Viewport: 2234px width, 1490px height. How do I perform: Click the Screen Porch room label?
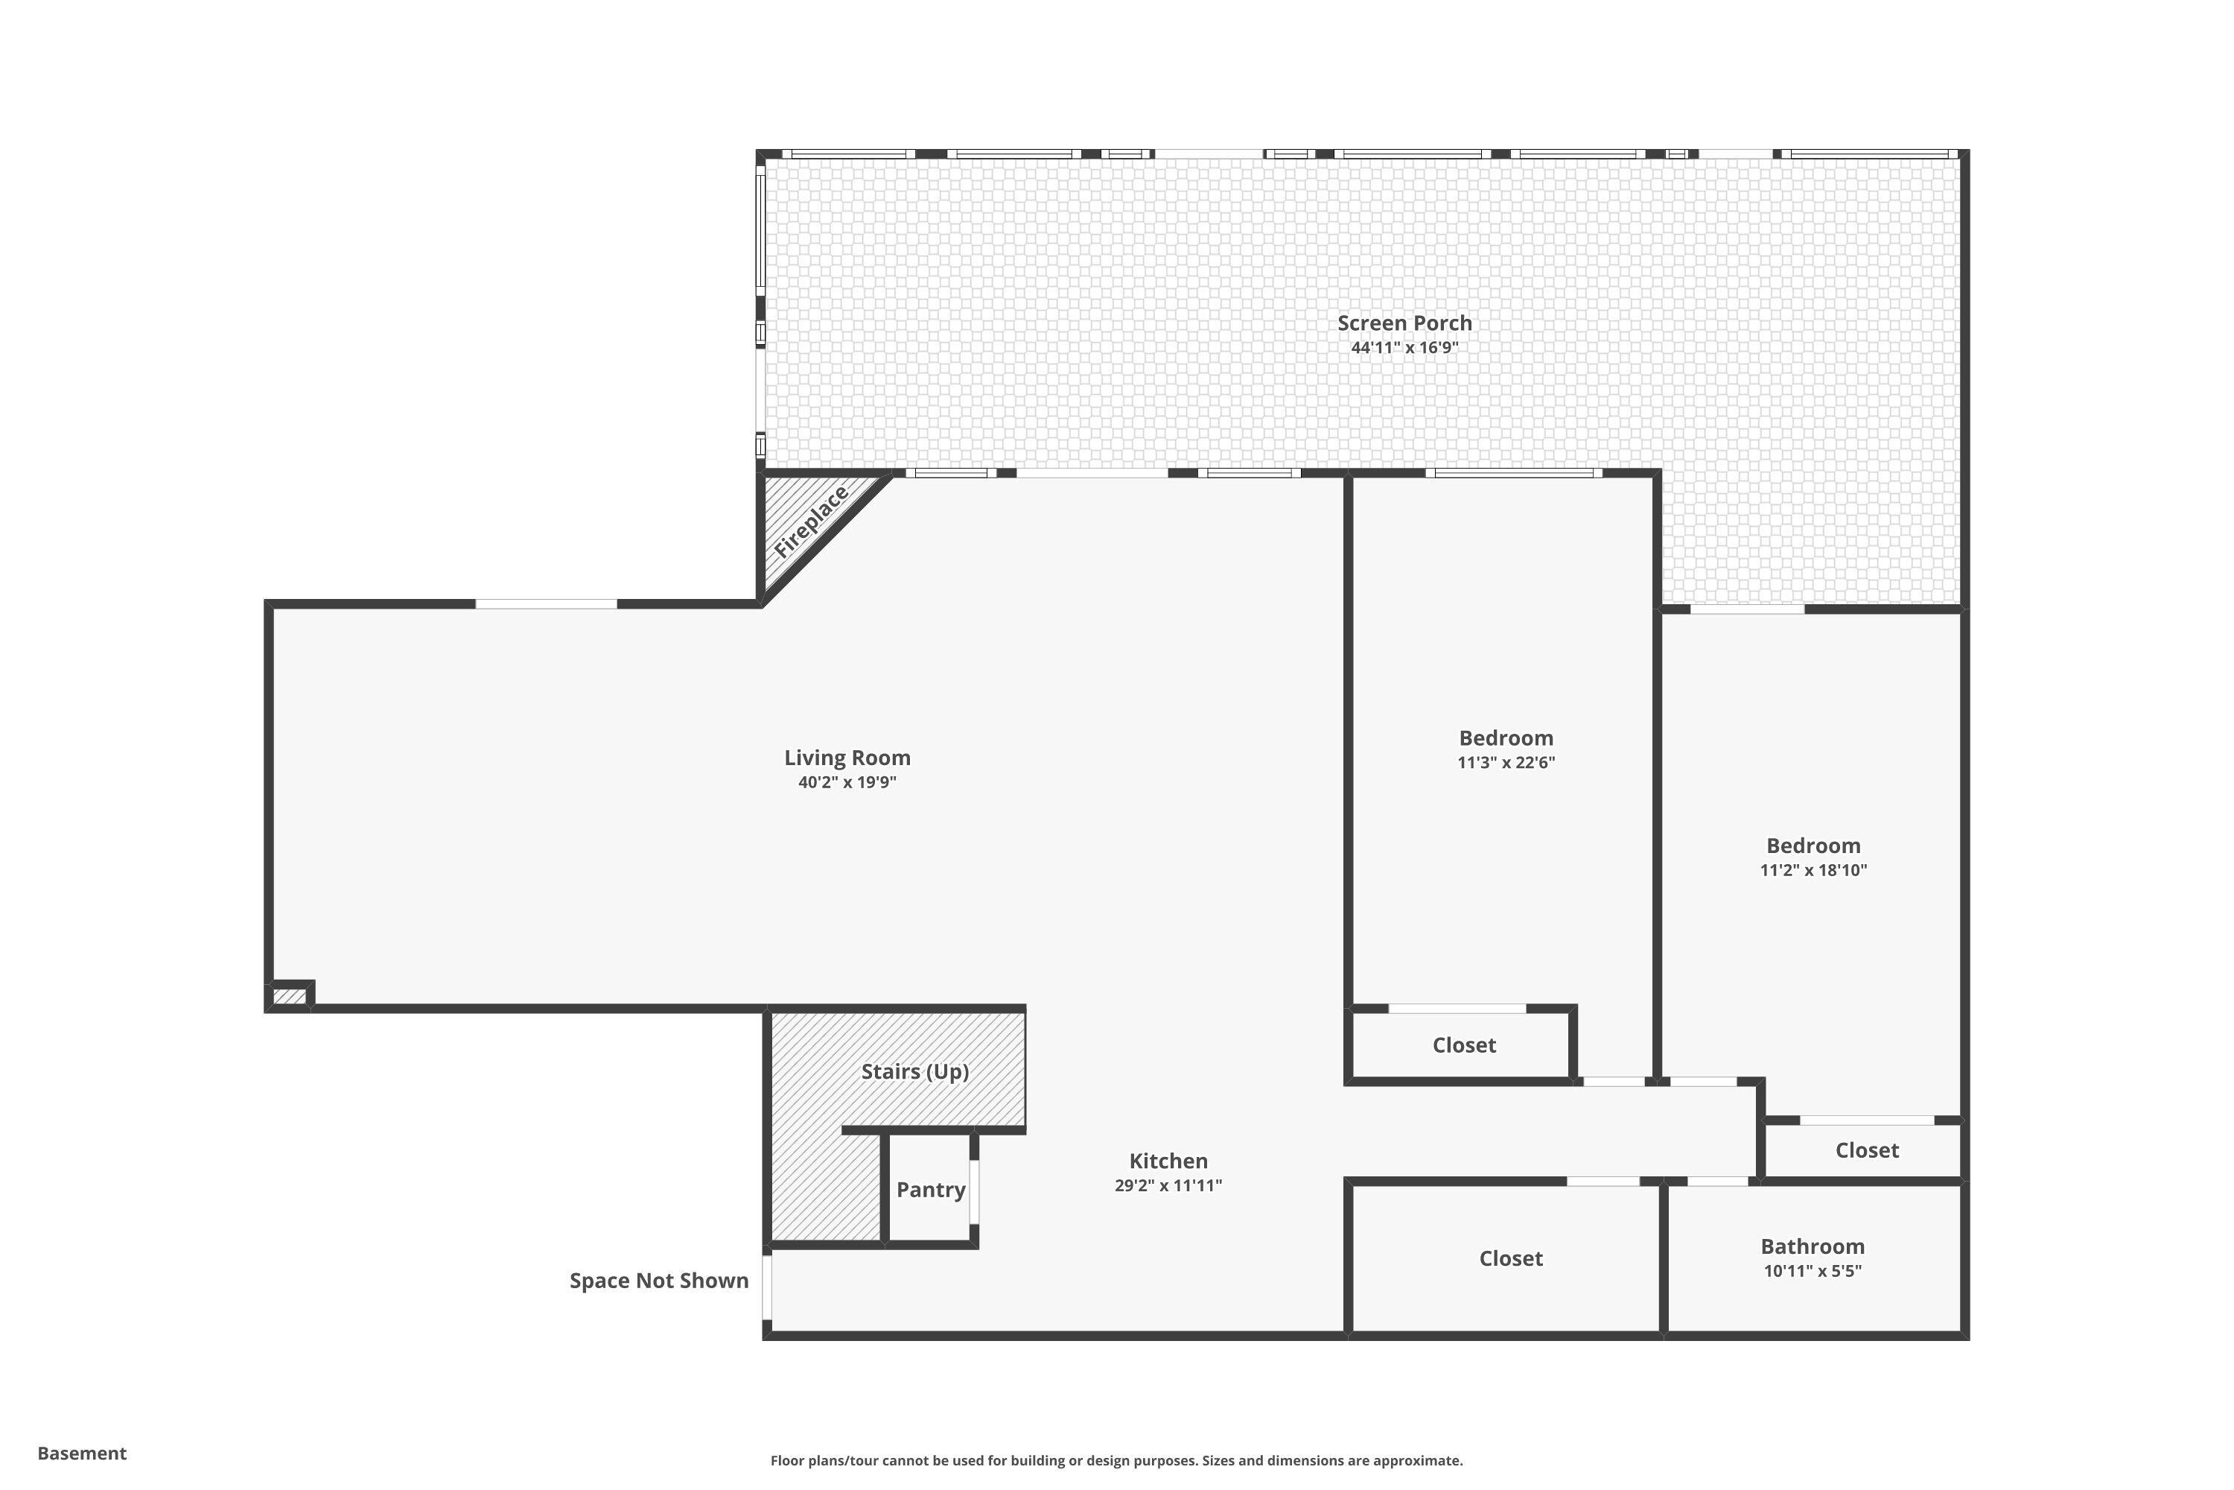[1404, 323]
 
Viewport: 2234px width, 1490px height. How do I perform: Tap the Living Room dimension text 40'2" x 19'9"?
[846, 782]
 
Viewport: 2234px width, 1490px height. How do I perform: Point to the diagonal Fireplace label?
[810, 523]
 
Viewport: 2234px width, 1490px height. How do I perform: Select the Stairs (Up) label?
[914, 1071]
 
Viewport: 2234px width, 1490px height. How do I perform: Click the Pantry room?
[930, 1189]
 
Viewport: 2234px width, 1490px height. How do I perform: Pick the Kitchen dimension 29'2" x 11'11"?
[1168, 1185]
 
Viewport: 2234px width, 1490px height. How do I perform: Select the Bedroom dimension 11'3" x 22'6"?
[1506, 762]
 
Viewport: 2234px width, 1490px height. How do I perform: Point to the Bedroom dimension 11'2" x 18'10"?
[1813, 869]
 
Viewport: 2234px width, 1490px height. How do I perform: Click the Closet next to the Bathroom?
[1510, 1258]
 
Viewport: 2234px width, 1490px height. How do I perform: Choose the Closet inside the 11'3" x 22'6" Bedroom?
[1464, 1045]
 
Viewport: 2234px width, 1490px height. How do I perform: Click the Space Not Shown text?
[658, 1280]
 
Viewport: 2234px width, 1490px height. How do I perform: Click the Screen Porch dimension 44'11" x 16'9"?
[1404, 348]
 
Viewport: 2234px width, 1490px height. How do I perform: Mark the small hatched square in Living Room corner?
[290, 997]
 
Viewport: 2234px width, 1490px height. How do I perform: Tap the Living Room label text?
[846, 758]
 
